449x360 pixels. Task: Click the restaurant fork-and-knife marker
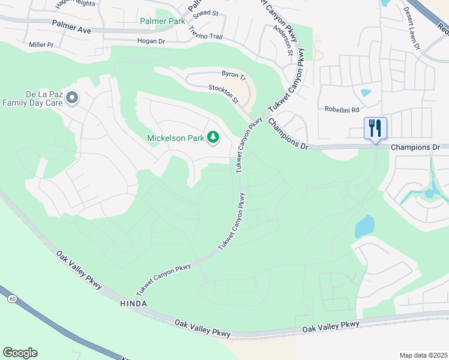[x=375, y=128]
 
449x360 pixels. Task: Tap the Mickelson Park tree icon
[x=212, y=138]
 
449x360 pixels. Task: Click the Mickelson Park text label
[x=176, y=139]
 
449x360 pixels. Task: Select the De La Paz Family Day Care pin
[x=72, y=97]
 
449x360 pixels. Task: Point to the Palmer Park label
[x=163, y=21]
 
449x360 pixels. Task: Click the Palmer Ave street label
[x=71, y=25]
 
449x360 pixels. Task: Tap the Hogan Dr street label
[x=151, y=41]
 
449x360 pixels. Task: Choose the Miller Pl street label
[x=41, y=45]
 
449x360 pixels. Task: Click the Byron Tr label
[x=234, y=74]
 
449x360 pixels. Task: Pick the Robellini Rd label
[x=342, y=110]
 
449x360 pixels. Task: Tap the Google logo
[x=20, y=353]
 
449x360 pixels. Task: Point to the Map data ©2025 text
[x=423, y=355]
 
